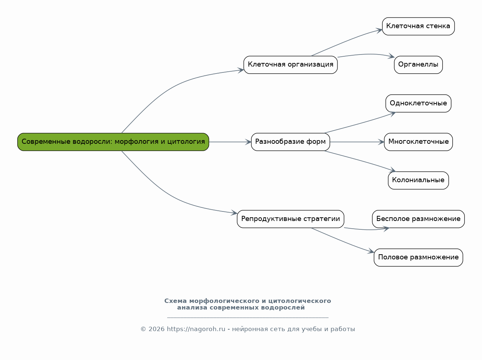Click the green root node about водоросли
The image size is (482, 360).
click(113, 142)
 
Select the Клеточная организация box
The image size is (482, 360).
click(290, 65)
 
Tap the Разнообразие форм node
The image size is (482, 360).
click(290, 142)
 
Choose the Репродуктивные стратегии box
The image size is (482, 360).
click(290, 219)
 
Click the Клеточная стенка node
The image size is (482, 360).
click(418, 26)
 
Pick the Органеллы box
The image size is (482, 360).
click(418, 65)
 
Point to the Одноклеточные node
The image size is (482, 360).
click(418, 104)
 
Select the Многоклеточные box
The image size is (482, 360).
click(418, 142)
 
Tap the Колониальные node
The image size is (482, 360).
click(418, 180)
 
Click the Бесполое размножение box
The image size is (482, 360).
click(418, 219)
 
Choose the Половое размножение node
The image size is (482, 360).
click(418, 258)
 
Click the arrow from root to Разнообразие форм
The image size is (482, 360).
click(230, 142)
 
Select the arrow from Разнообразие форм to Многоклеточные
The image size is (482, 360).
click(357, 142)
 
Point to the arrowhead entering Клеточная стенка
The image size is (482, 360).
click(380, 30)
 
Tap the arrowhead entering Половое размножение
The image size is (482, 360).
click(371, 251)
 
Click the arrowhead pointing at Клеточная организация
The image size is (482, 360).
click(241, 71)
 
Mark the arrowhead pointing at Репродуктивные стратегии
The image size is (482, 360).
click(234, 213)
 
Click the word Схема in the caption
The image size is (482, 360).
click(175, 301)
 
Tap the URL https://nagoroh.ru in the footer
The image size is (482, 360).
click(196, 329)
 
